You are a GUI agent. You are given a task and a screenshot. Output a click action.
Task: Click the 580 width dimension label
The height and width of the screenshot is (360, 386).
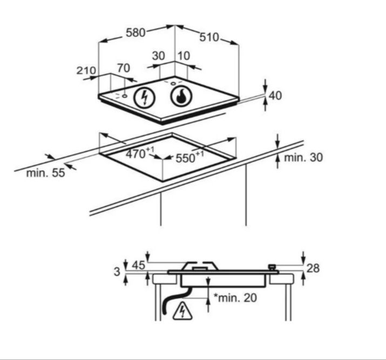pyautogui.click(x=136, y=33)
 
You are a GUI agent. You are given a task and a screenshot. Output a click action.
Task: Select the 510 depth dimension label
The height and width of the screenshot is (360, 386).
pyautogui.click(x=209, y=37)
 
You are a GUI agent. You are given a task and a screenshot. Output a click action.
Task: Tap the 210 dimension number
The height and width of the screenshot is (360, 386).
pyautogui.click(x=86, y=70)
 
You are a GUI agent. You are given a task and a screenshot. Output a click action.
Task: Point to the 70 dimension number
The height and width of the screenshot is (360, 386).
pyautogui.click(x=123, y=68)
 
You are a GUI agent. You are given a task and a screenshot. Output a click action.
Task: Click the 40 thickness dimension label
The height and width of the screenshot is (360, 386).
pyautogui.click(x=275, y=96)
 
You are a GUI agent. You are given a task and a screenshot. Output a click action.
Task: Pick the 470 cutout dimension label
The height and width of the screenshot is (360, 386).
pyautogui.click(x=140, y=153)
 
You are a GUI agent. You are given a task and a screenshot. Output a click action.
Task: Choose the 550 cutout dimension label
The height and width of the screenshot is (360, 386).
pyautogui.click(x=189, y=157)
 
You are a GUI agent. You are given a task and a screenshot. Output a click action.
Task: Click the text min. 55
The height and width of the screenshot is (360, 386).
pyautogui.click(x=45, y=173)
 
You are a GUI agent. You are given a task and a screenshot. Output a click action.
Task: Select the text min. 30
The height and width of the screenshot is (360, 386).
pyautogui.click(x=303, y=157)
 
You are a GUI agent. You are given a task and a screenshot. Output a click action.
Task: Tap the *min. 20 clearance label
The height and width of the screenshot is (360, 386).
pyautogui.click(x=235, y=298)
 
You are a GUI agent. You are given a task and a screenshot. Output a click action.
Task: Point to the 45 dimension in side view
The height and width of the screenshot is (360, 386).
pyautogui.click(x=139, y=265)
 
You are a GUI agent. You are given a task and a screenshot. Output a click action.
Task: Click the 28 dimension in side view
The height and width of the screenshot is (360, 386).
pyautogui.click(x=313, y=268)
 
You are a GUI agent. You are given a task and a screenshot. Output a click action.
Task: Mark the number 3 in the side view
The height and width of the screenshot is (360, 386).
pyautogui.click(x=117, y=271)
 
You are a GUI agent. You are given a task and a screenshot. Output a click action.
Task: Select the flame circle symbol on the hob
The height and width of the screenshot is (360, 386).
pyautogui.click(x=181, y=97)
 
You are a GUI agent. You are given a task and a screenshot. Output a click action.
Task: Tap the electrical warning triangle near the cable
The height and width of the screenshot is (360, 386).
pyautogui.click(x=182, y=311)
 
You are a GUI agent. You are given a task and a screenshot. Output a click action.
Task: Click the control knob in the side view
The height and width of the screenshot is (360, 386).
pyautogui.click(x=272, y=267)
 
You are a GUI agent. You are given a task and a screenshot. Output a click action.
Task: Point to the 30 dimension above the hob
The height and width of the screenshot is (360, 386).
pyautogui.click(x=158, y=56)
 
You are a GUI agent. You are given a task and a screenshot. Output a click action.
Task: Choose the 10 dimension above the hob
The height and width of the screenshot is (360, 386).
pyautogui.click(x=184, y=56)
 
